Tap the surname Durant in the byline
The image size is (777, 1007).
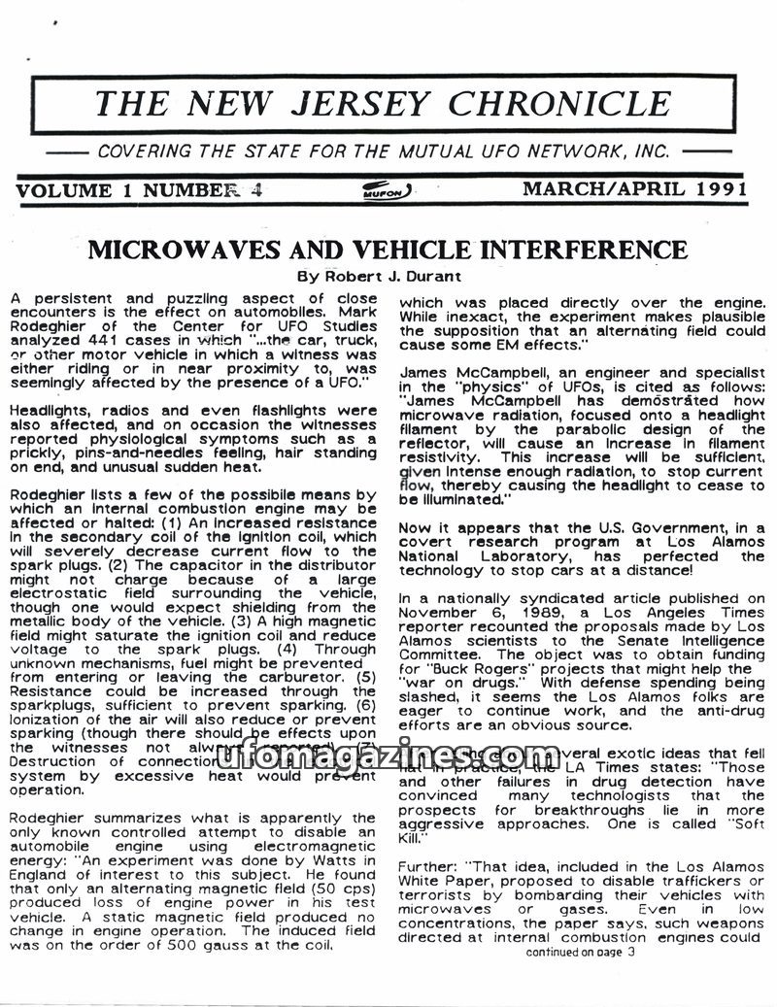pyautogui.click(x=430, y=275)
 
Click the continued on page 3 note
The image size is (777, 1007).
pyautogui.click(x=580, y=953)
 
